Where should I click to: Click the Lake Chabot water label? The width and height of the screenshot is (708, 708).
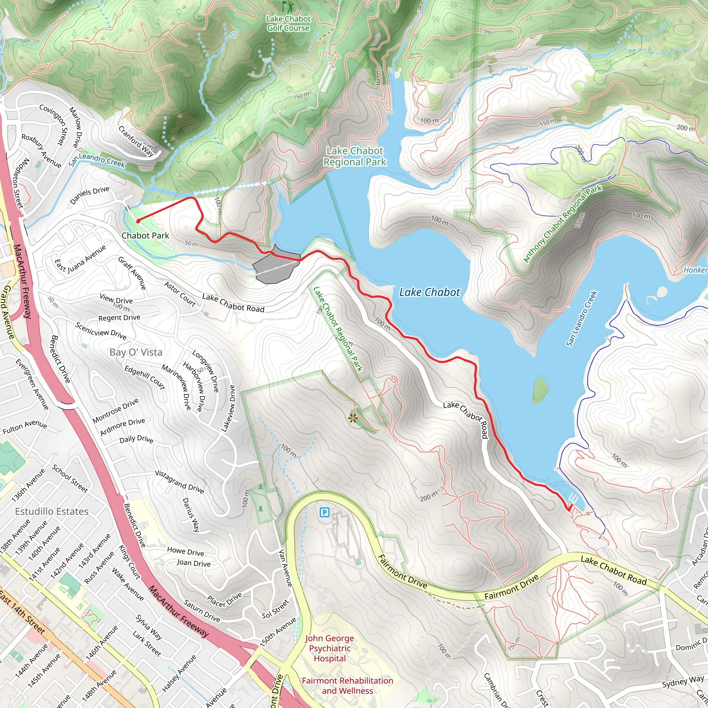pos(429,292)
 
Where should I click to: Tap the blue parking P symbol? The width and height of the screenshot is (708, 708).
pos(324,512)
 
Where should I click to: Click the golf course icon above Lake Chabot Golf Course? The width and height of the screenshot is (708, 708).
pos(288,6)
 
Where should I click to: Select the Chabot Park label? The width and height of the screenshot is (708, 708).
pos(145,236)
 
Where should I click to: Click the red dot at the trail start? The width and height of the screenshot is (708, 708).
pos(138,221)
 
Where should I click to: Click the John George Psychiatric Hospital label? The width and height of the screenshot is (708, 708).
pos(329,648)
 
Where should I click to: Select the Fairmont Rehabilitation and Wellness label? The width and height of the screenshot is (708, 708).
pos(347,686)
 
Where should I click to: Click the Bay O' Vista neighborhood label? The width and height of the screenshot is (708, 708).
pos(136,352)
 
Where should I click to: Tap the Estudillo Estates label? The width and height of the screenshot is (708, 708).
pos(52,511)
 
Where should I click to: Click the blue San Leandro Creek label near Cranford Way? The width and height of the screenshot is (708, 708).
pos(97,160)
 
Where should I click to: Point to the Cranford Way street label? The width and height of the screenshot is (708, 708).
pos(136,141)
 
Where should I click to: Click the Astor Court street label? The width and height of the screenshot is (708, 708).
pos(179,294)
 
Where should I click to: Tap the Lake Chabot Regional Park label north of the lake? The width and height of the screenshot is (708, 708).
pos(354,156)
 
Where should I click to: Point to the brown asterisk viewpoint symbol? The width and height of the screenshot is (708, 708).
pos(353,418)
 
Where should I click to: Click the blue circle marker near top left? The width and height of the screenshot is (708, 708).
pos(233,35)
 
